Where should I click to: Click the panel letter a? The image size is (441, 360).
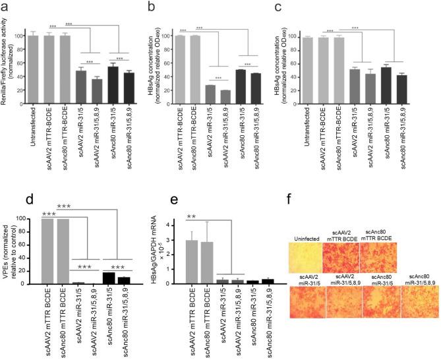pyautogui.click(x=5, y=6)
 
